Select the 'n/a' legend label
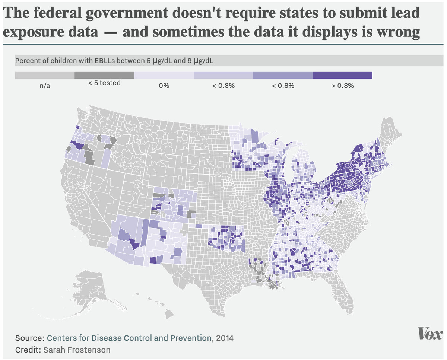coord(45,86)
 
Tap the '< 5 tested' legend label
coord(104,83)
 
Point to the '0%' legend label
coord(164,86)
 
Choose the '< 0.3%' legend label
coord(223,86)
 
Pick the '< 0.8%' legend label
coord(283,86)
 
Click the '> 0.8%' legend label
coord(343,86)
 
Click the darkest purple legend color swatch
coord(343,76)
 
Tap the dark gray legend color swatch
coord(104,76)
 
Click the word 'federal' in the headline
coord(61,14)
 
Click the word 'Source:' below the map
coord(30,338)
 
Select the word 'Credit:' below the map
coord(28,350)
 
